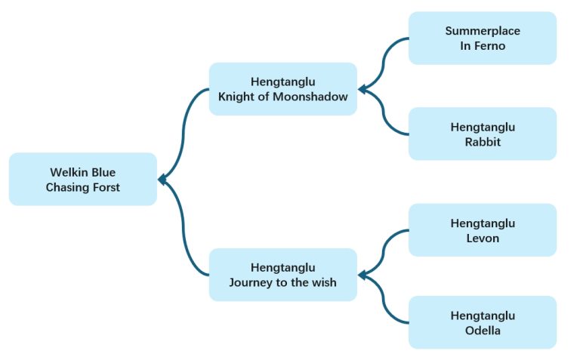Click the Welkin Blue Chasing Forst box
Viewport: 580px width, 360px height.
pos(83,180)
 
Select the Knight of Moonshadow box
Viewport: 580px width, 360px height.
pos(282,89)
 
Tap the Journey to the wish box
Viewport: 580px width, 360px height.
pos(282,275)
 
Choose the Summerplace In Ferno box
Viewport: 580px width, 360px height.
pos(482,38)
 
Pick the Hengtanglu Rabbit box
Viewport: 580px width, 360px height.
pos(482,134)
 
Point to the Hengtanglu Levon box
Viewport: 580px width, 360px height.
pos(482,230)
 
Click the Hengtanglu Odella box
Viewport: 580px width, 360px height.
pos(482,322)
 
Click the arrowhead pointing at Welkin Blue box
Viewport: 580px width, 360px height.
pos(162,180)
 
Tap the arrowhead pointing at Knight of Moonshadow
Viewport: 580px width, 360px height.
pos(362,90)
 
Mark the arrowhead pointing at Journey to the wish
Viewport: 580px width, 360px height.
pos(362,275)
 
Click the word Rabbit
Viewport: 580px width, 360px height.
pos(483,142)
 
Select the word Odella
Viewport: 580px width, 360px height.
pos(483,331)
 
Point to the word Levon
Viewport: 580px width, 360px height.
pos(483,238)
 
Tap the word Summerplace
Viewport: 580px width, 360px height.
pos(483,31)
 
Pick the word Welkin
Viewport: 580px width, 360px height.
pos(67,172)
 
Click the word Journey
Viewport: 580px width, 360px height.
pos(251,282)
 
